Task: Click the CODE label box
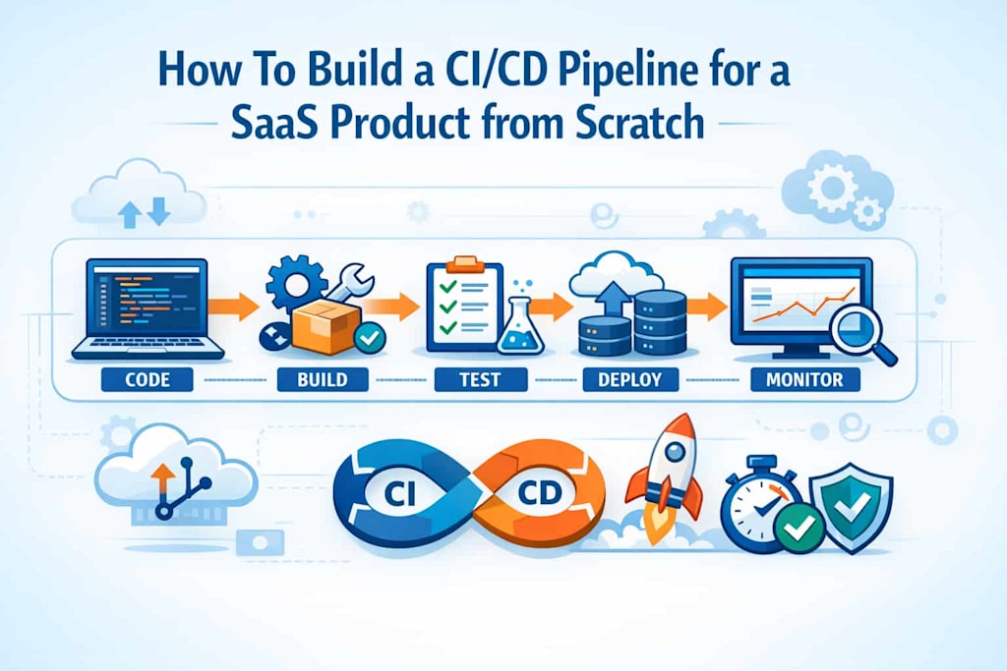148,379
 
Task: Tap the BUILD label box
323,379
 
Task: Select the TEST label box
480,379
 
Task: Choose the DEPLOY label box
630,379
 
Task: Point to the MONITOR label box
804,379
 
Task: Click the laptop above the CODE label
148,308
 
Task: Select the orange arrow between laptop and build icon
233,307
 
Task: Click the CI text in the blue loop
398,494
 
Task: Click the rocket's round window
675,453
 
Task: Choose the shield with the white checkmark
851,507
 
